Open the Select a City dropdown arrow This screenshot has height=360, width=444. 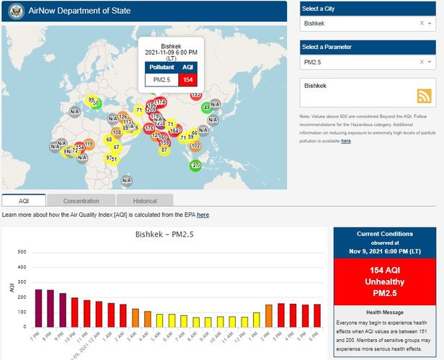(x=431, y=23)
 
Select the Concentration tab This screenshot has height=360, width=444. (x=81, y=201)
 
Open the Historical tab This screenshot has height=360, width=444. (x=145, y=201)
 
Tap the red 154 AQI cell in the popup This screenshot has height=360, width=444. (x=187, y=79)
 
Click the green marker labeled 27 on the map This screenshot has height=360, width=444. (x=195, y=166)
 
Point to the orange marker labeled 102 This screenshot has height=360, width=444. (x=195, y=145)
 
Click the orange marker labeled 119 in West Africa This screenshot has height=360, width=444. (x=89, y=144)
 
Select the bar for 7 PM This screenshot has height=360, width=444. (x=39, y=308)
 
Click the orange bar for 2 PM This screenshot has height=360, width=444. (x=268, y=315)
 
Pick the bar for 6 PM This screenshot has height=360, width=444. (x=316, y=315)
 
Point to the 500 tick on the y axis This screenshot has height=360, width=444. (x=22, y=252)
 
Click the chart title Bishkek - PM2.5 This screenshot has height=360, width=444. (x=165, y=234)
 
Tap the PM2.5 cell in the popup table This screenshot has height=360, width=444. (x=161, y=79)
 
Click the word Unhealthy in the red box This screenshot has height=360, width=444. (x=385, y=282)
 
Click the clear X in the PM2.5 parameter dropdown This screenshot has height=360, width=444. (x=422, y=63)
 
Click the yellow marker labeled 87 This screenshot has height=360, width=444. (x=164, y=149)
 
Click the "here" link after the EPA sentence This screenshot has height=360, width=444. (x=203, y=215)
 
